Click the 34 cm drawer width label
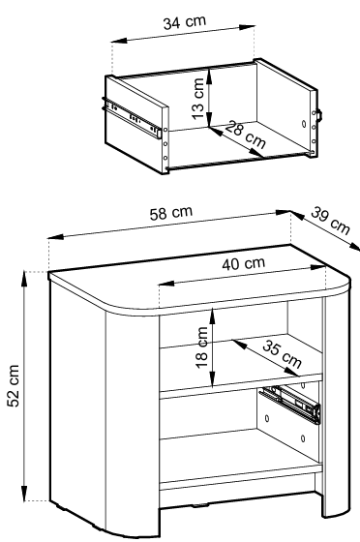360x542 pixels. tap(185, 22)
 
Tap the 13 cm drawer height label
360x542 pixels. tap(198, 99)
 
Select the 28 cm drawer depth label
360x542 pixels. tap(245, 135)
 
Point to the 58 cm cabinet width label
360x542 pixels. tap(171, 213)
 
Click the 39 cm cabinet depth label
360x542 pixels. tap(330, 221)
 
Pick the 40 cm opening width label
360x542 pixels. tap(244, 263)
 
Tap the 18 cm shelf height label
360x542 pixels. tap(202, 347)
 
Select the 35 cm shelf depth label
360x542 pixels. tap(282, 353)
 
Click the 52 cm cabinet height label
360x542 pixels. tap(14, 385)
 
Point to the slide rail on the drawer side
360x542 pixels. tap(132, 117)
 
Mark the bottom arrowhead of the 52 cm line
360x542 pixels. tap(24, 494)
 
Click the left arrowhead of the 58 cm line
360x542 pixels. tap(55, 237)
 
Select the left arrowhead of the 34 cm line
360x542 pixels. tap(118, 41)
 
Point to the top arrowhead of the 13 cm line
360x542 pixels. tap(209, 75)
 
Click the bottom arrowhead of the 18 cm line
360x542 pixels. tap(213, 378)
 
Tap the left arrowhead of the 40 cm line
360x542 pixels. tap(165, 284)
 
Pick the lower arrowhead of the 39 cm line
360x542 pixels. tap(354, 246)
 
